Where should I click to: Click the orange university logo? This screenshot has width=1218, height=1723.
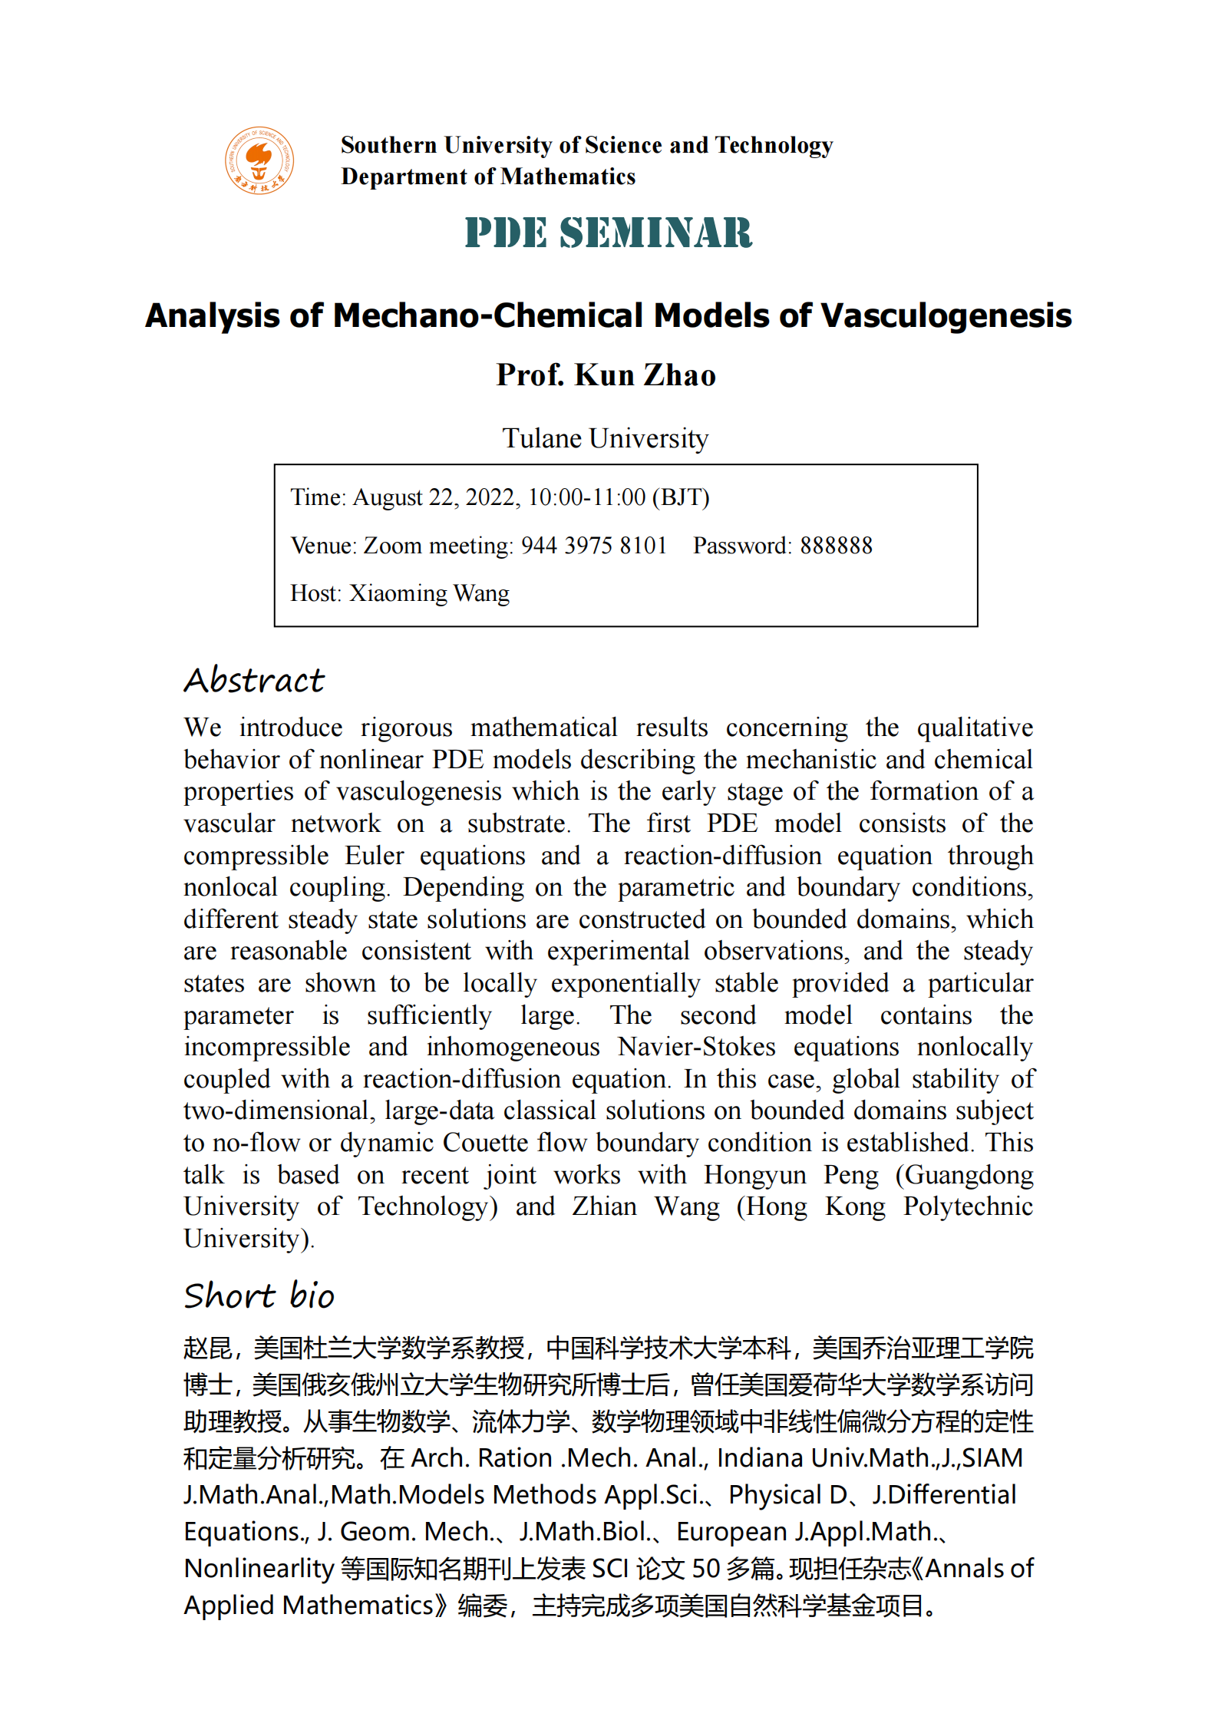coord(259,160)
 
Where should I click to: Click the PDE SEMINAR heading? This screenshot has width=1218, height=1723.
coord(609,233)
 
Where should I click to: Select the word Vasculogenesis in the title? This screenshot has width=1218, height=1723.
coord(946,316)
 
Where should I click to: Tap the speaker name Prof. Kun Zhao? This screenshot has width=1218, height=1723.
coord(606,375)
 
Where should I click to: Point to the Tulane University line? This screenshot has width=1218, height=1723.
coord(605,438)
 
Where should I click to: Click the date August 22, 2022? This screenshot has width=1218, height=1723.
coord(437,497)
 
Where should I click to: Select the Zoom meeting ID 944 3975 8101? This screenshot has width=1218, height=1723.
coord(594,546)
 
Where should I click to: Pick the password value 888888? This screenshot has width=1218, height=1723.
coord(836,546)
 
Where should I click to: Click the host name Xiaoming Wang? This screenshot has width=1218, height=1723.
coord(429,593)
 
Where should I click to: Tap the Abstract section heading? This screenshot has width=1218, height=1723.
coord(254,681)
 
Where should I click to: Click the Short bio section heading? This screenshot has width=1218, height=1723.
coord(259,1296)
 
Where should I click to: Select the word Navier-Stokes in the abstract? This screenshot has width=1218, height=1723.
coord(696,1047)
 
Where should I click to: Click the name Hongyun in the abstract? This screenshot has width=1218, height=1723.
coord(754,1175)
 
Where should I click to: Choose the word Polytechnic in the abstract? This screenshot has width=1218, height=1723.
coord(967,1206)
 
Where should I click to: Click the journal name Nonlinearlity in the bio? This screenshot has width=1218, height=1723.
coord(259,1568)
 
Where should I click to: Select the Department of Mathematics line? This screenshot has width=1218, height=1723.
coord(488,177)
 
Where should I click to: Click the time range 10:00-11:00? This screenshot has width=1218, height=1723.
coord(586,497)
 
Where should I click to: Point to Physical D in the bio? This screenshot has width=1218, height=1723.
coord(787,1494)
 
